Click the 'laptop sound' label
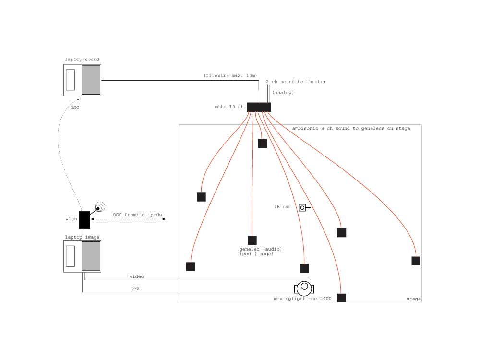[x=82, y=60]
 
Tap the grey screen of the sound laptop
[x=91, y=80]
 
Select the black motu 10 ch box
[x=259, y=107]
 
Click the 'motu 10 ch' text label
[x=229, y=107]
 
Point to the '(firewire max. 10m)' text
[x=230, y=76]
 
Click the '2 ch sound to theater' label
[x=296, y=82]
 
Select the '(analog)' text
[x=283, y=92]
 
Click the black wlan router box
[x=84, y=220]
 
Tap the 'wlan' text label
[x=72, y=220]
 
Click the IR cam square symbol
[x=302, y=207]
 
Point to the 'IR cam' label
[x=283, y=207]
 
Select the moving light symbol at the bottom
[x=304, y=288]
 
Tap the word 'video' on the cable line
[x=136, y=276]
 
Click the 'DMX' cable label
[x=135, y=289]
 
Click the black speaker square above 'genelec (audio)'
[x=252, y=240]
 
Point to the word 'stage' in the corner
[x=413, y=299]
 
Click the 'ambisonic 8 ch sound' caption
[x=351, y=129]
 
